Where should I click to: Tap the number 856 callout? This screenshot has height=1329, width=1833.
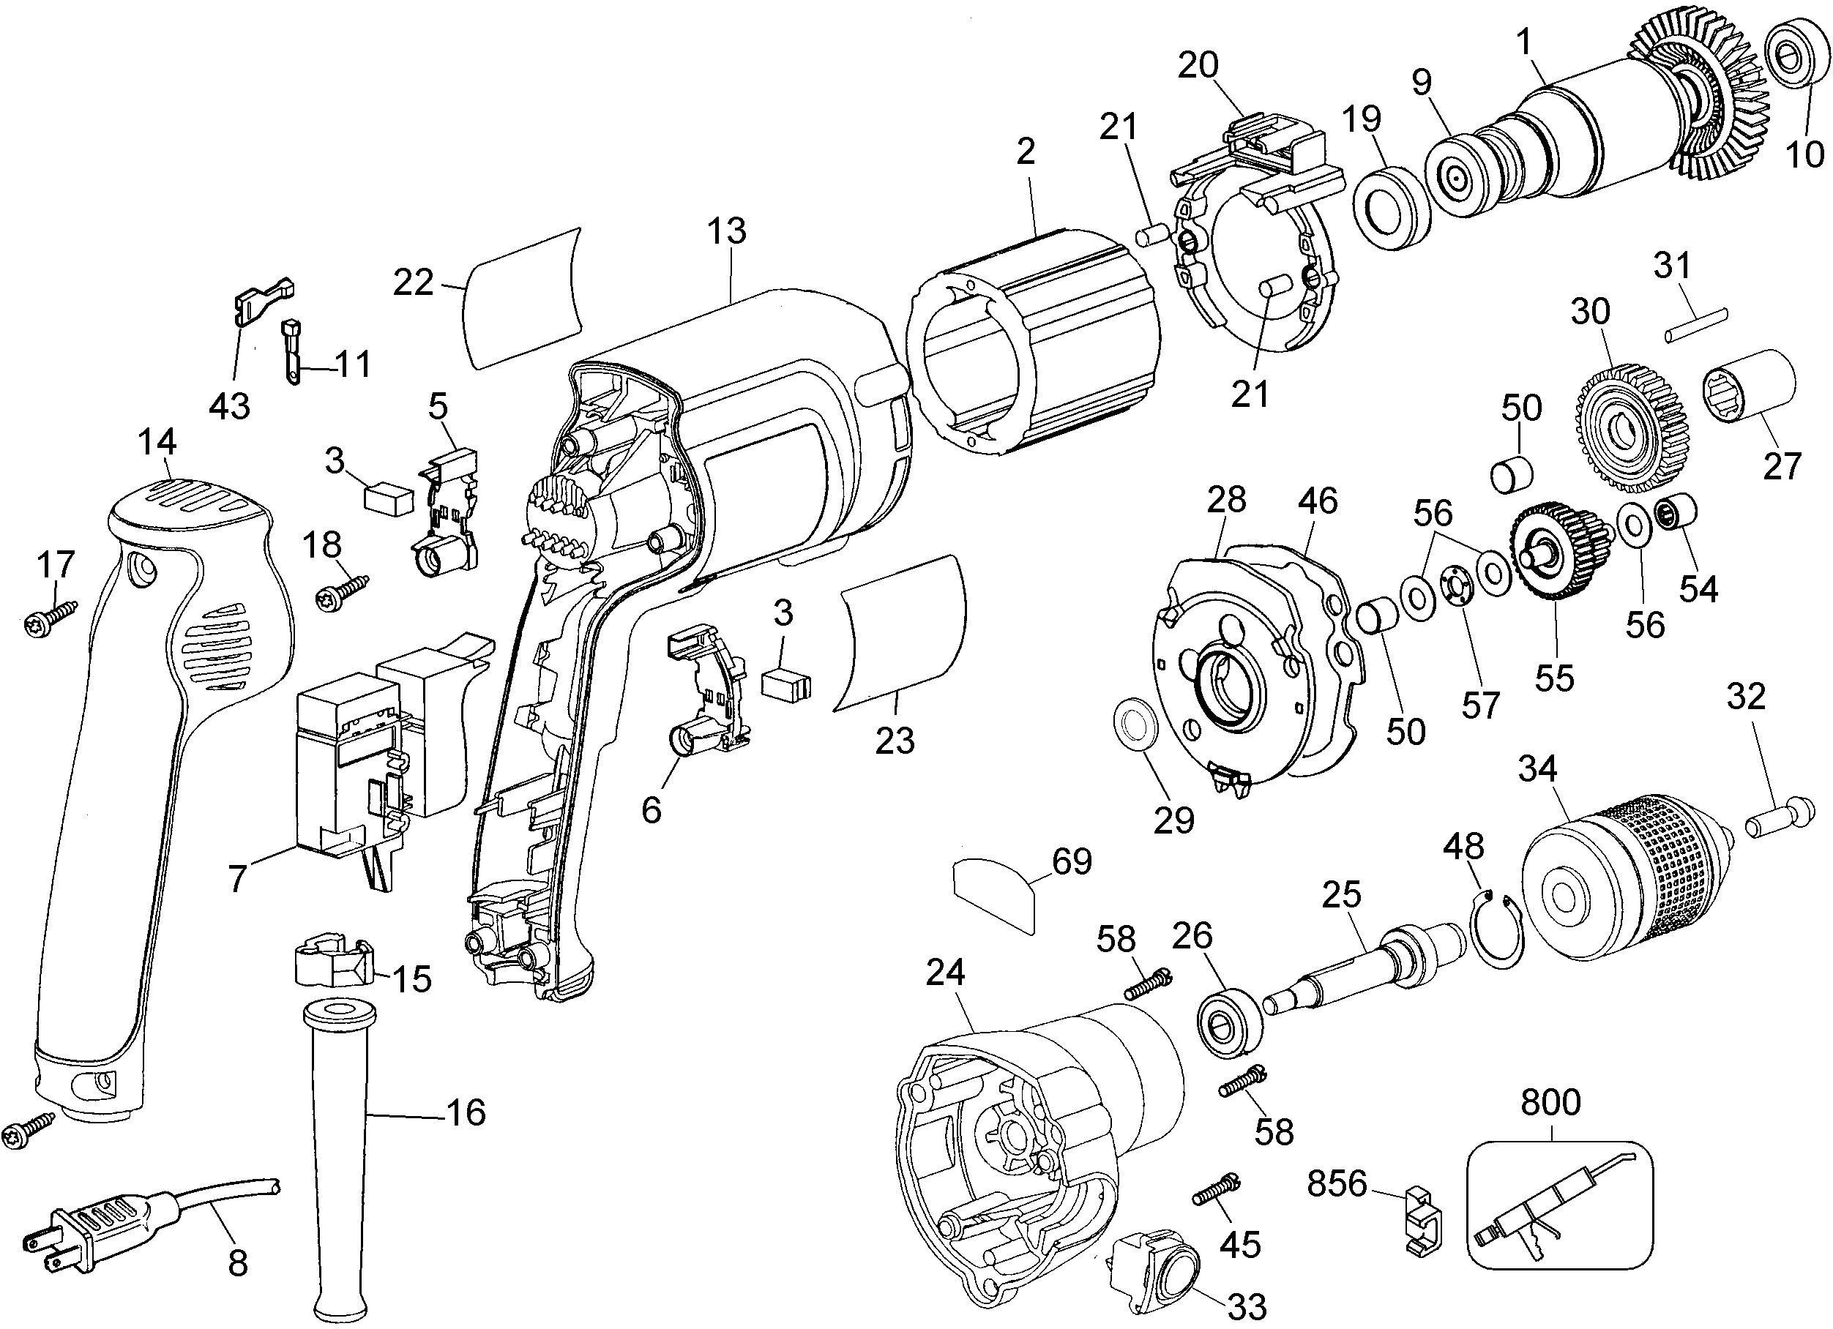tap(1337, 1183)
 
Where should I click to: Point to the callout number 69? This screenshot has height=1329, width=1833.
tap(1072, 861)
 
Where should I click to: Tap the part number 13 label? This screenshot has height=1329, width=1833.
tap(727, 231)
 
